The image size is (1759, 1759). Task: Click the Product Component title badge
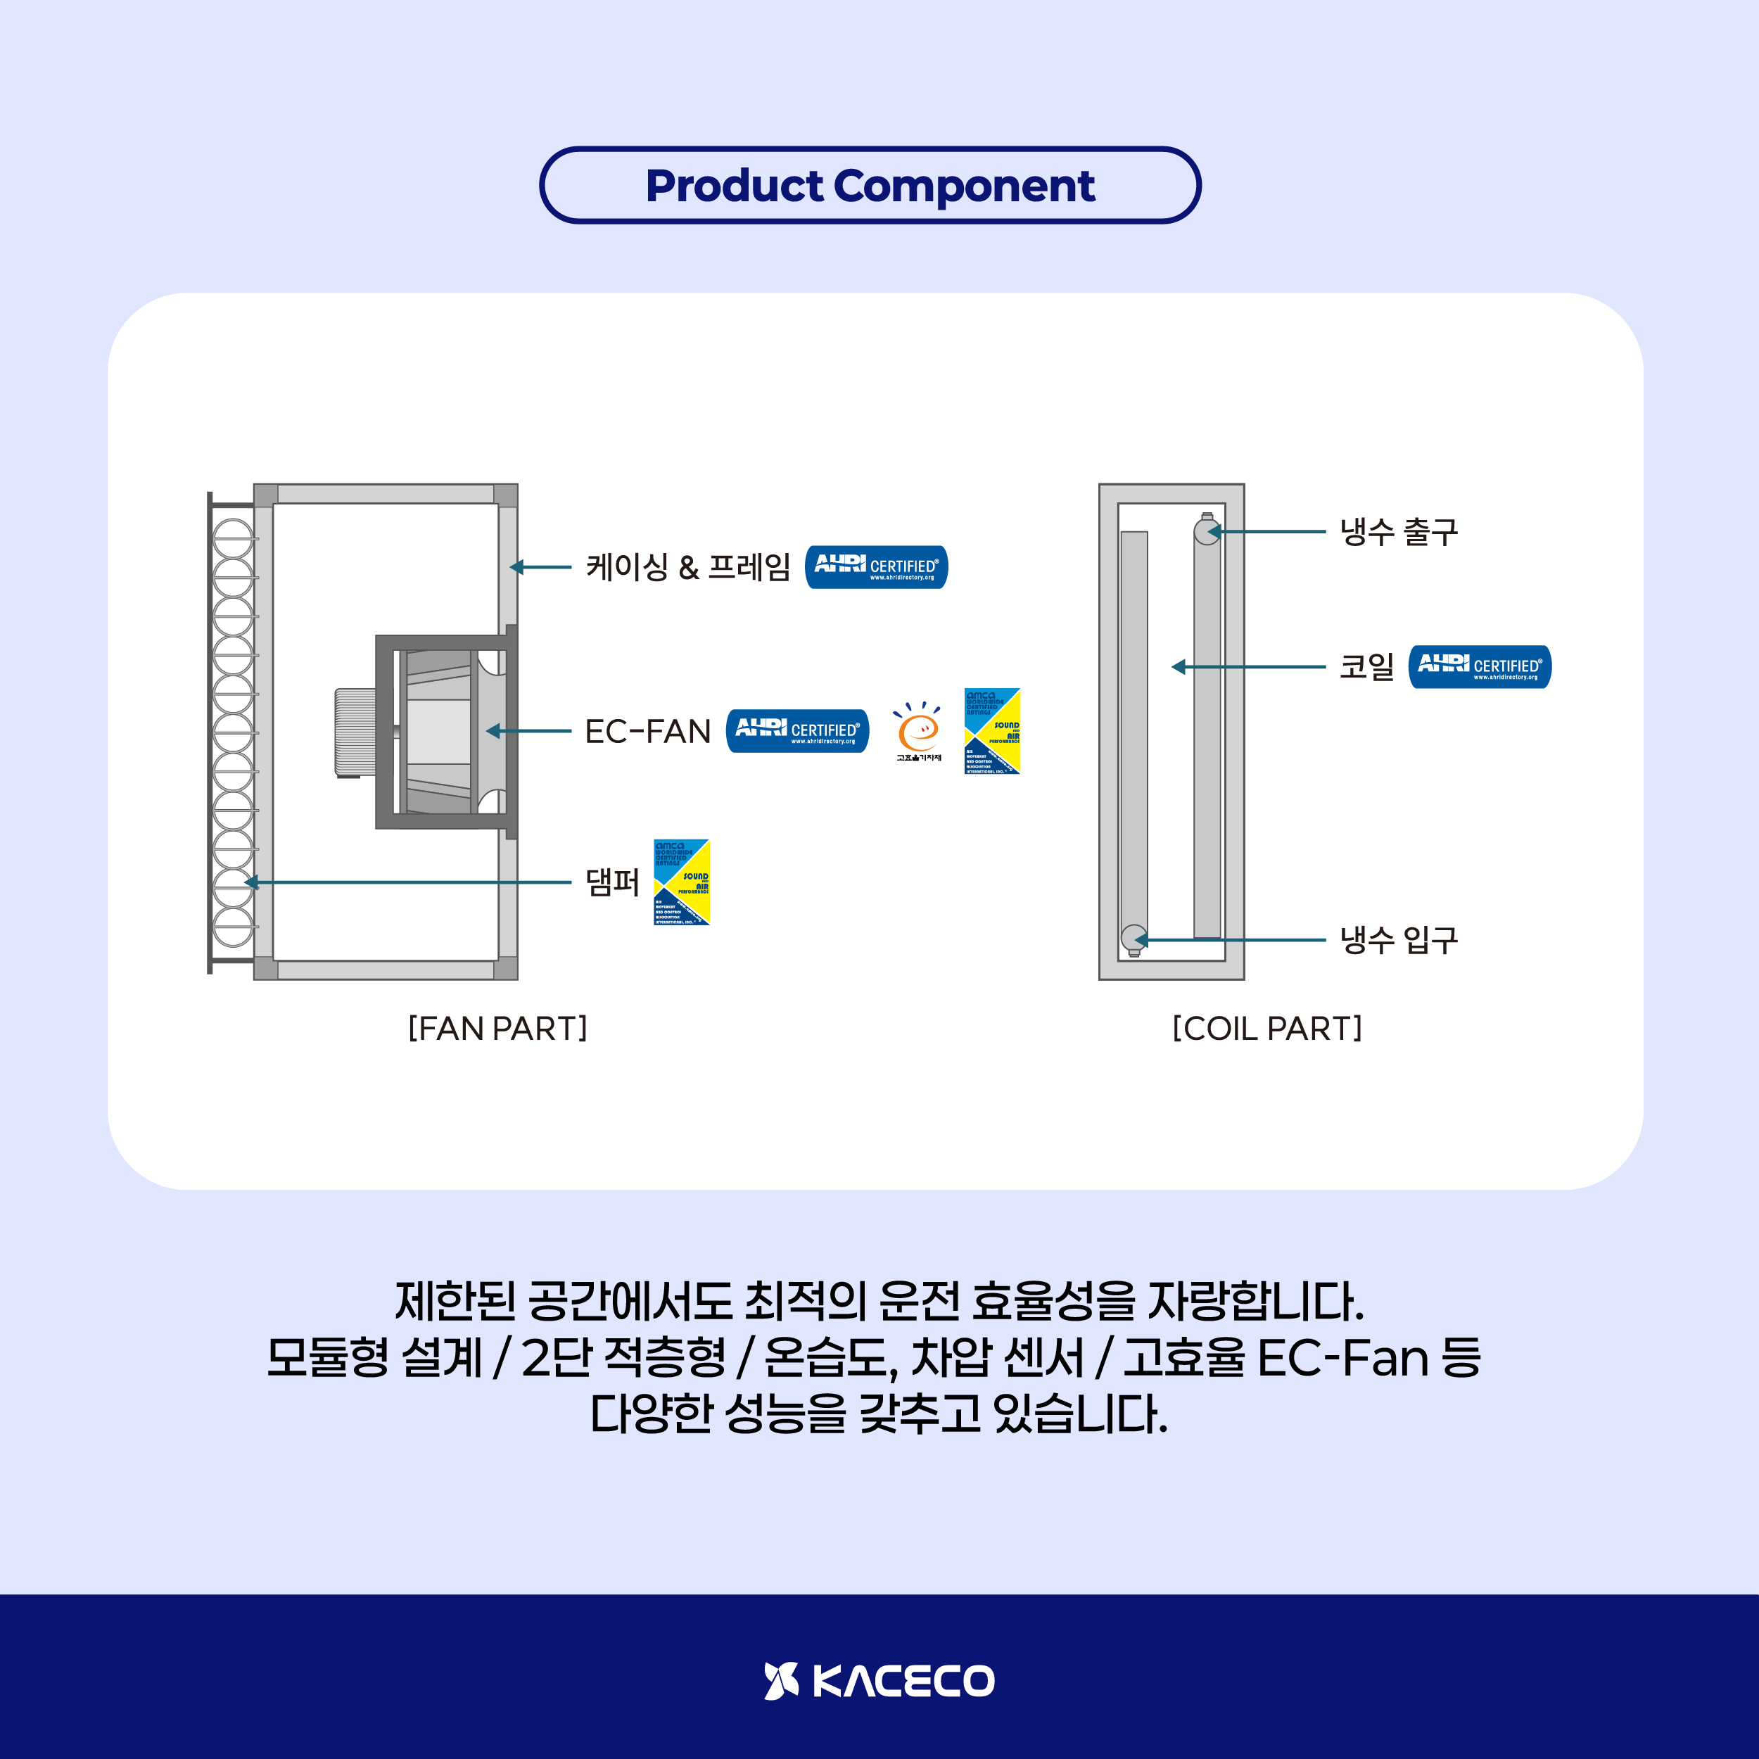(x=870, y=185)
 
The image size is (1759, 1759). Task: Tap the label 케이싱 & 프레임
(x=687, y=567)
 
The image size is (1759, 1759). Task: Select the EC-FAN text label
(x=647, y=731)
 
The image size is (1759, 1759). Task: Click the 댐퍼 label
(x=612, y=882)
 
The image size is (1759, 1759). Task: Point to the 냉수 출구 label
(x=1399, y=532)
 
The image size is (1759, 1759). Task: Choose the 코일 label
(x=1366, y=666)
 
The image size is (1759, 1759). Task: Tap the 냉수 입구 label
(x=1399, y=939)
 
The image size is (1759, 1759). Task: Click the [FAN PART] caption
(x=497, y=1028)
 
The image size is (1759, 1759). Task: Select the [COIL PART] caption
(x=1266, y=1028)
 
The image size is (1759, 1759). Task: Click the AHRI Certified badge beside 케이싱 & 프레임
(x=876, y=567)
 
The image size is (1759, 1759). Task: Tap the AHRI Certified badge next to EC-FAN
(x=796, y=731)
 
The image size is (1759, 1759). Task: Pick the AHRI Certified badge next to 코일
(x=1480, y=666)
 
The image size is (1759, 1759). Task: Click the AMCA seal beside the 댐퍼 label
(x=681, y=882)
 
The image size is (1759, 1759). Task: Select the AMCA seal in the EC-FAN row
(x=991, y=731)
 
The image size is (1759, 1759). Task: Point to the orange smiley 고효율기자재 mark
(x=917, y=731)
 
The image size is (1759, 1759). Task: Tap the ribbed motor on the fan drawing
(x=355, y=733)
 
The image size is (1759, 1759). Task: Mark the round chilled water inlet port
(x=1133, y=939)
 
